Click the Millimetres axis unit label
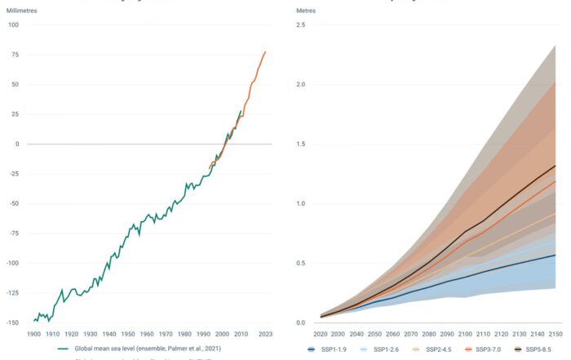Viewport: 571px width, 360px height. pyautogui.click(x=23, y=10)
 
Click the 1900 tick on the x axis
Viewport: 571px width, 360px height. pyautogui.click(x=34, y=334)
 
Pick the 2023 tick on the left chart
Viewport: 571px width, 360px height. pyautogui.click(x=264, y=334)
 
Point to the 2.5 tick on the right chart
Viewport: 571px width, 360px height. pyautogui.click(x=300, y=24)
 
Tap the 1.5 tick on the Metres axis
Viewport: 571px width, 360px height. pyautogui.click(x=300, y=144)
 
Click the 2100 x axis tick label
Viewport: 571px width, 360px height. pyautogui.click(x=463, y=334)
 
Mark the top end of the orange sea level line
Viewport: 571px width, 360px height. pyautogui.click(x=265, y=52)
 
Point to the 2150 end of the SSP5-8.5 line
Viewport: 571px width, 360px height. pyautogui.click(x=556, y=166)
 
